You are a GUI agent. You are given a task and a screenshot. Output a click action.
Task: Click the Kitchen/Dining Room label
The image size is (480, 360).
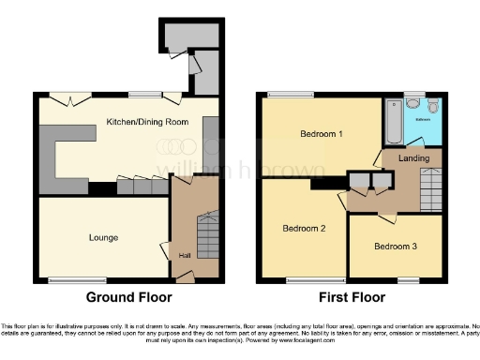(x=149, y=123)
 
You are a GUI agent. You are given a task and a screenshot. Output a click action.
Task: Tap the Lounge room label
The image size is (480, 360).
(x=104, y=237)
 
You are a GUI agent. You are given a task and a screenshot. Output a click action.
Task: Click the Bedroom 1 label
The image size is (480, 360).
(x=321, y=134)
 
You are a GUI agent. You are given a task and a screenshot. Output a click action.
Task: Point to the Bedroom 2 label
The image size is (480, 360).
(x=303, y=228)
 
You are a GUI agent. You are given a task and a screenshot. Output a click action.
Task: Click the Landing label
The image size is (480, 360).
(x=413, y=158)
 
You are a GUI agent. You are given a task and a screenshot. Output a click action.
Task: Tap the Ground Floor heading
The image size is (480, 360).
(x=129, y=297)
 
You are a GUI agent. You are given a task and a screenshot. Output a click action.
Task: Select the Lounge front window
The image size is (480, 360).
(x=66, y=279)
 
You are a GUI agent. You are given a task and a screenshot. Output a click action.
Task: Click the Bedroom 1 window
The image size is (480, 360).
(x=280, y=95)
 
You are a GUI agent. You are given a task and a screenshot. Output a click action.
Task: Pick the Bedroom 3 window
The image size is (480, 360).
(x=407, y=279)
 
